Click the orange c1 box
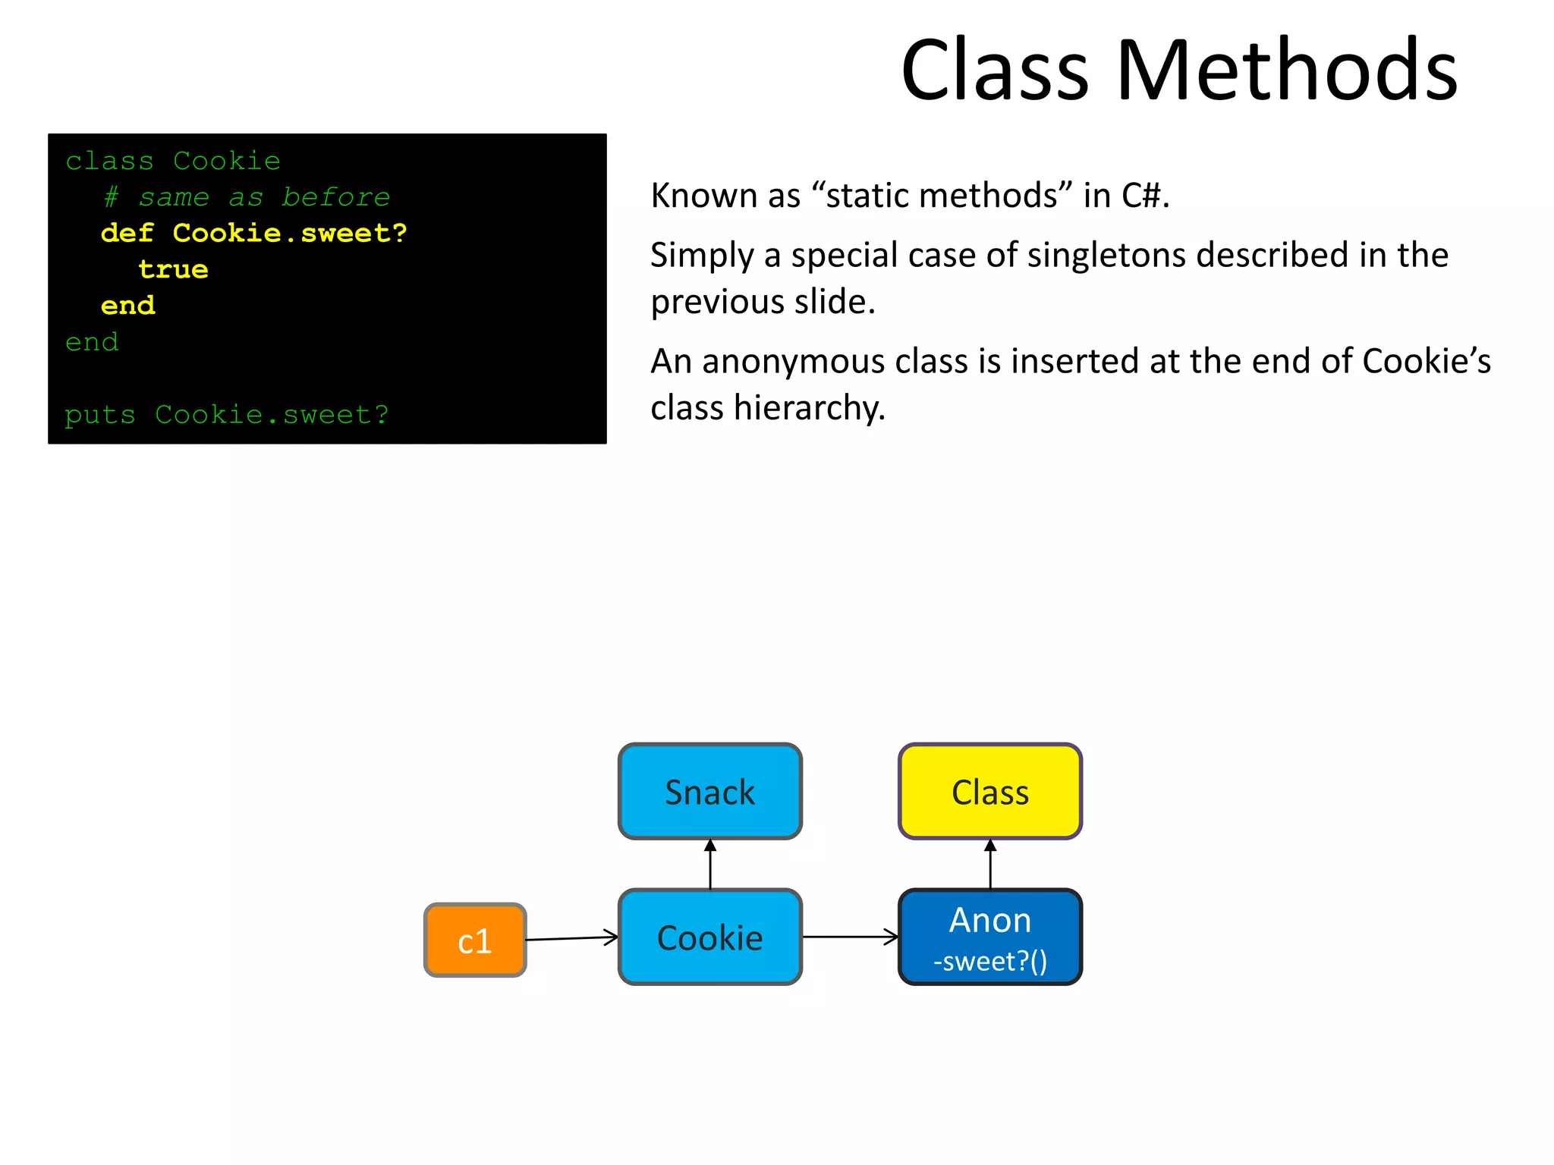[474, 940]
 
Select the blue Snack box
[709, 792]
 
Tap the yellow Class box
[989, 792]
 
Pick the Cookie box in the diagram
[709, 937]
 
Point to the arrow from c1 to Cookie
[572, 939]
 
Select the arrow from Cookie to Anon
[850, 937]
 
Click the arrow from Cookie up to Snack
[710, 865]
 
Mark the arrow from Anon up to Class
[990, 865]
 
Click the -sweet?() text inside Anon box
[989, 962]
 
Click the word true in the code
[173, 269]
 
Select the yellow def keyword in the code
[127, 233]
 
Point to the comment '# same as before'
[247, 197]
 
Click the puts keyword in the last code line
[99, 415]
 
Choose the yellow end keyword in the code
[127, 305]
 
